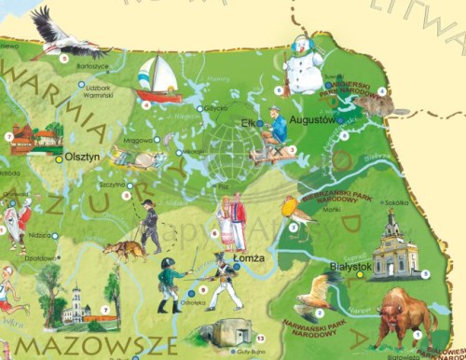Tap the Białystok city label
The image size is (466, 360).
pyautogui.click(x=351, y=266)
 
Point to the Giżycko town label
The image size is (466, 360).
pyautogui.click(x=215, y=109)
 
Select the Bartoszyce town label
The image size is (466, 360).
pyautogui.click(x=93, y=66)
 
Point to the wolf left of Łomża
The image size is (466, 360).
pyautogui.click(x=123, y=249)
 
